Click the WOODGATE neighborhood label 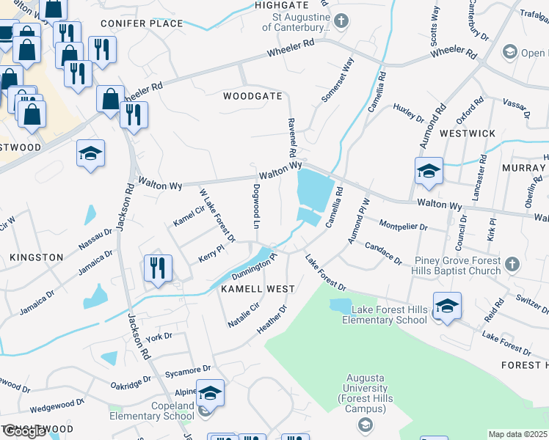(252, 96)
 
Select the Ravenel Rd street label (291, 138)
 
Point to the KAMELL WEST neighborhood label (248, 290)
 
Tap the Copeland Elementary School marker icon (210, 394)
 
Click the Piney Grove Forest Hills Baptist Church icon (512, 263)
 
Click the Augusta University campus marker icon (365, 425)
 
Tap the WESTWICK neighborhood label (468, 133)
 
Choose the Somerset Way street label (338, 81)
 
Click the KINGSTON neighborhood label (37, 257)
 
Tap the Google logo (24, 431)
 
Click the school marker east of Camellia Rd (429, 170)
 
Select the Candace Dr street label (383, 254)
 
